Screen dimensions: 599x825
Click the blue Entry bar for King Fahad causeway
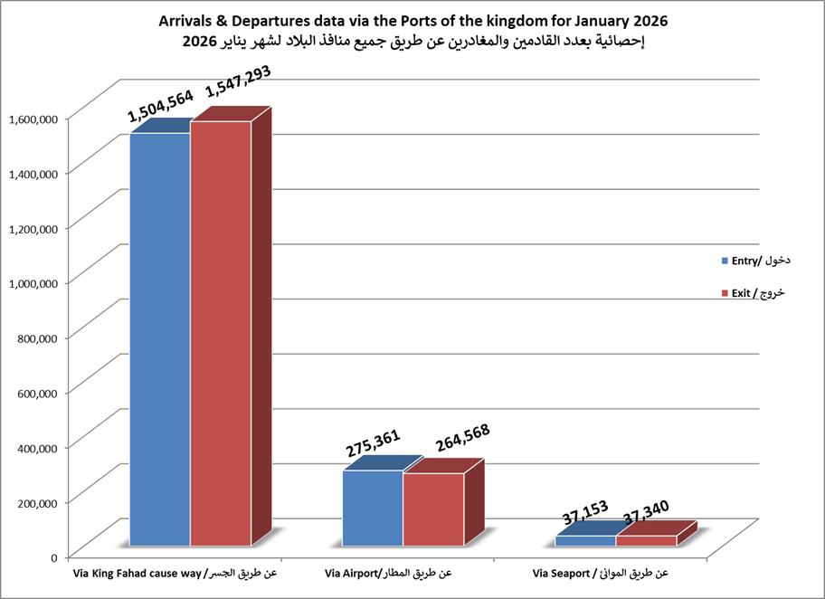tap(160, 339)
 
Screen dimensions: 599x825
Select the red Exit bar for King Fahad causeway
tap(221, 335)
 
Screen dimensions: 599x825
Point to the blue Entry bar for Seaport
tap(585, 541)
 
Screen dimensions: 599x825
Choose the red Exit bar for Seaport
tap(646, 541)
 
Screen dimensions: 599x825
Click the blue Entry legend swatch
tap(725, 261)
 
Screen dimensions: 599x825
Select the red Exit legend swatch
tap(725, 293)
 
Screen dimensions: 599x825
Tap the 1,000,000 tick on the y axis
tap(33, 282)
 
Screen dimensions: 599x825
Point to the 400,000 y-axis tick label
tap(37, 447)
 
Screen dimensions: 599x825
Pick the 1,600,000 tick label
tap(33, 118)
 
